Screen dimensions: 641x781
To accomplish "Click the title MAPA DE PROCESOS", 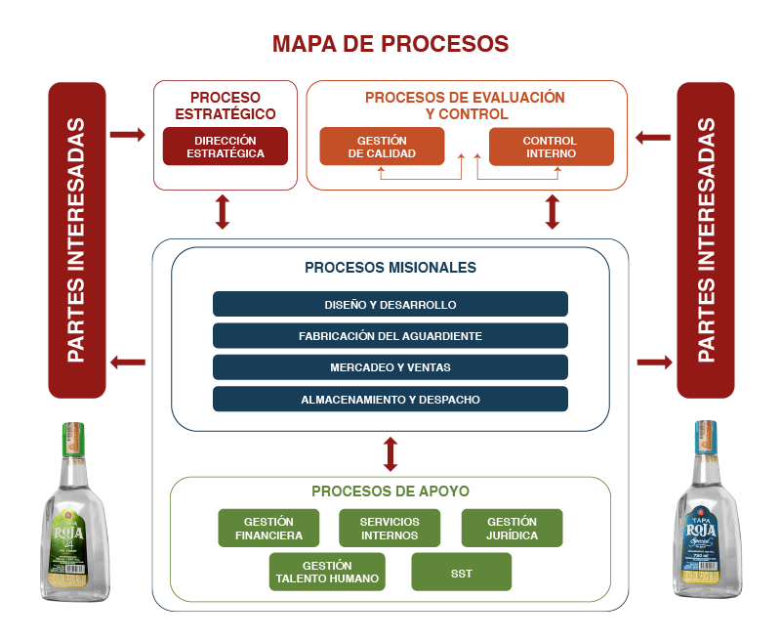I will click(390, 44).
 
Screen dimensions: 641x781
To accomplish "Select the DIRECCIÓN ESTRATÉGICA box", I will click(226, 147).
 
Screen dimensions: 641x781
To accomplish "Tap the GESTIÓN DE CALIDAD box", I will click(382, 147).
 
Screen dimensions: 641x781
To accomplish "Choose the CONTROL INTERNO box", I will click(551, 147).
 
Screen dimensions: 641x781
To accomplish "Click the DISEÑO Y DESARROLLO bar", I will click(390, 304).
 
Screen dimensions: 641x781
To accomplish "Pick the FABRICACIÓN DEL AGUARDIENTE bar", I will click(390, 335).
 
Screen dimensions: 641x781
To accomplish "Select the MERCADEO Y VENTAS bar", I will click(390, 367).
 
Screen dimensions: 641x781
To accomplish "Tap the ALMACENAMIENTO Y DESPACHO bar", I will click(390, 399).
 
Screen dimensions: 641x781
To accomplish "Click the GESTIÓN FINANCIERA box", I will click(268, 528).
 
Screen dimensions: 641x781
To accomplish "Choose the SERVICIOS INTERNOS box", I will click(389, 528).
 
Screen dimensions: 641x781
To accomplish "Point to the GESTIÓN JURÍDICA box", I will click(512, 528).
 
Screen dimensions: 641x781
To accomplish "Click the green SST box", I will click(462, 573).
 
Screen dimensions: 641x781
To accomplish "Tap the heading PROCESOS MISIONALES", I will click(390, 267).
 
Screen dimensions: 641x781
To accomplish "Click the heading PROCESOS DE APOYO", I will click(390, 491).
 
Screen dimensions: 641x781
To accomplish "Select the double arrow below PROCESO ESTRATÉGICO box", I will click(223, 212).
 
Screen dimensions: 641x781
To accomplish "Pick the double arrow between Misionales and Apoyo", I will click(390, 453).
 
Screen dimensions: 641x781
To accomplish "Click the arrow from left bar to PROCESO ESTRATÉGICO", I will click(127, 133).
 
